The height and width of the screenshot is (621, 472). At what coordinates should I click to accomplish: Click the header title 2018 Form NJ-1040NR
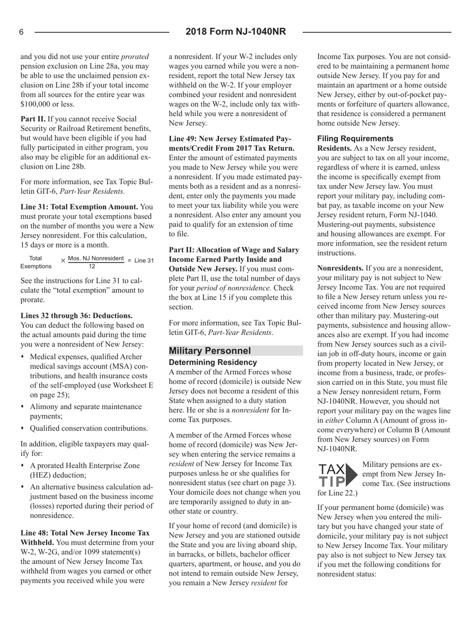236,32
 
